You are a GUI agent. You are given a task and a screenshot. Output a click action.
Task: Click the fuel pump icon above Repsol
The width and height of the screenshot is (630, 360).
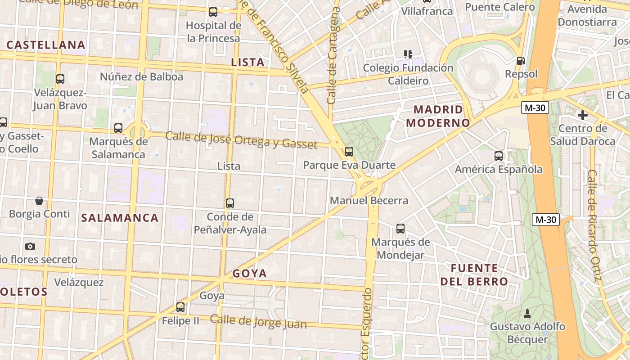click(x=521, y=60)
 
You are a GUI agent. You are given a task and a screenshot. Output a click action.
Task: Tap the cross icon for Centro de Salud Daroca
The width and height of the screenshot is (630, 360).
click(x=583, y=115)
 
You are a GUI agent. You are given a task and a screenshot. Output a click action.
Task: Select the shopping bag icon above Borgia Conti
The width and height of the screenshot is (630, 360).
click(x=39, y=200)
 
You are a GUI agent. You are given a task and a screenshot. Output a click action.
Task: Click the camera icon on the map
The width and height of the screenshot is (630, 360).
click(x=30, y=246)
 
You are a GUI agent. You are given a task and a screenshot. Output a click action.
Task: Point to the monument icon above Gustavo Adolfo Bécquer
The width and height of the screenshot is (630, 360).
click(x=527, y=313)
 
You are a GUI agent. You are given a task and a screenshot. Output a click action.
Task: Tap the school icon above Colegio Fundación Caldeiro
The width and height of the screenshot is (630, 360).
click(x=408, y=54)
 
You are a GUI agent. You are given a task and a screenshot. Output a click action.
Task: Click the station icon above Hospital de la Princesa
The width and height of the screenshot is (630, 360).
click(x=213, y=12)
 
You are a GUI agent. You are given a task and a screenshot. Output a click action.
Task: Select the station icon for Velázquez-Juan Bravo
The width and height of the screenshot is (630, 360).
click(x=60, y=79)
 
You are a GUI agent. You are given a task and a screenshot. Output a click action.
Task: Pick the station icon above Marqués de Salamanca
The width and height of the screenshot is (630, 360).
click(x=118, y=128)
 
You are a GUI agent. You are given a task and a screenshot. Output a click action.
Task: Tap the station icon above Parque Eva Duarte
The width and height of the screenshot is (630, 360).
click(x=349, y=152)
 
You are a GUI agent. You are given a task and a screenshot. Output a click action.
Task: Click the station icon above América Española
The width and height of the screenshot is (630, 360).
click(x=499, y=156)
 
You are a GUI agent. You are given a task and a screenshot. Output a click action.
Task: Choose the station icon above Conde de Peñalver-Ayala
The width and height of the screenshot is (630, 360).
click(x=230, y=203)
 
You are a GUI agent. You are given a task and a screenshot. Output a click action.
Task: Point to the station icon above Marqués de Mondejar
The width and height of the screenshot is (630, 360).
click(x=400, y=229)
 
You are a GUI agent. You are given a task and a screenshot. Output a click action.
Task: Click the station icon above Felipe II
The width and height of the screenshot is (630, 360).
click(x=180, y=307)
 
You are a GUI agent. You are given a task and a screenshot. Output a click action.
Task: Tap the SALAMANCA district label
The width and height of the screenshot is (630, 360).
click(x=120, y=218)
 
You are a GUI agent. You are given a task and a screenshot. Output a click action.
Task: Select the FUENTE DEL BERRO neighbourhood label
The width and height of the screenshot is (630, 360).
click(x=474, y=275)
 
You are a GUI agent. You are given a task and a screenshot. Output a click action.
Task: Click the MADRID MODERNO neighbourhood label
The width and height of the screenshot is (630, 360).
click(x=438, y=116)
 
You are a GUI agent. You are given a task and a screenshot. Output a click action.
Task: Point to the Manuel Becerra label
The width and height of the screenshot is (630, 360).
click(x=369, y=201)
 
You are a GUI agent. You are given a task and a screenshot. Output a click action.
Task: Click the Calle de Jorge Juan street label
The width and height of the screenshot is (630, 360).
click(x=258, y=322)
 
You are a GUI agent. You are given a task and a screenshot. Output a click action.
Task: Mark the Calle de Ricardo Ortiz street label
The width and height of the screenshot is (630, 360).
click(x=594, y=225)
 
